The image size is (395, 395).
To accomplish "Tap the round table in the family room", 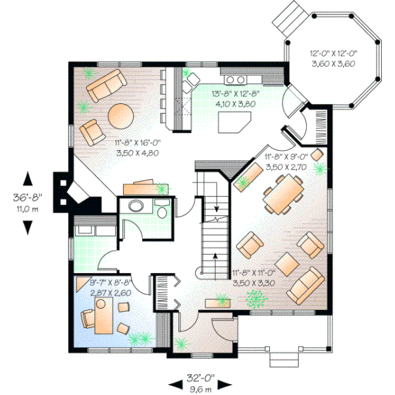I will (x=120, y=116).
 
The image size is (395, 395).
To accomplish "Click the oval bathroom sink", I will (x=136, y=206).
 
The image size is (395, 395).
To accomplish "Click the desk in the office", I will (x=102, y=315).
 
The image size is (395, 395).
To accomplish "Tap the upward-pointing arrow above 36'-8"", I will (x=28, y=178).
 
